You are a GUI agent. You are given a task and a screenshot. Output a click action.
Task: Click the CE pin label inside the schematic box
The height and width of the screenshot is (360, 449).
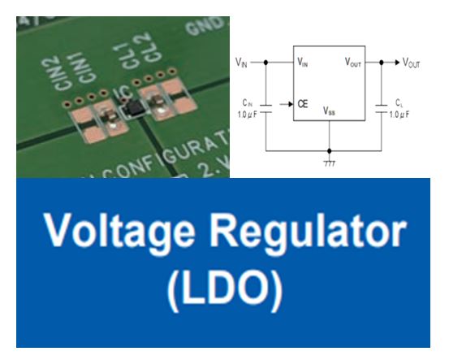point(302,104)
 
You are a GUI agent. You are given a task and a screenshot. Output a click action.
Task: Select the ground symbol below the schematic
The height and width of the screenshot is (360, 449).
point(329,163)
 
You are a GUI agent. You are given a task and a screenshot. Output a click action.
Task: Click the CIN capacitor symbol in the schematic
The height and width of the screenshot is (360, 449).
point(268,105)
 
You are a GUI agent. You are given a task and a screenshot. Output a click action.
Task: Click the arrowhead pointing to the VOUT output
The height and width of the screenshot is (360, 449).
point(397,62)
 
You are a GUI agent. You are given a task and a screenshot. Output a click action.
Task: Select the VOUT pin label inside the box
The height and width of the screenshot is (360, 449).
point(354,62)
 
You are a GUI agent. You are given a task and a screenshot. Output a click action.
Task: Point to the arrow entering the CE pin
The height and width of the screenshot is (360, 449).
point(285,104)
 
